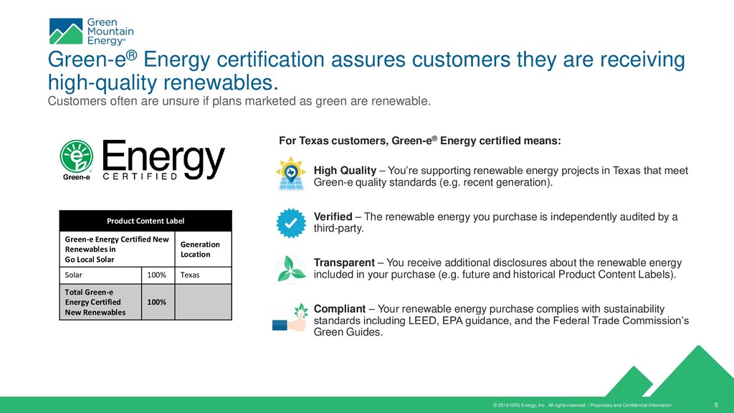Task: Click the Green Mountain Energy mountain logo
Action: click(x=66, y=32)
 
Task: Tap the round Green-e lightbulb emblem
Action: click(x=74, y=156)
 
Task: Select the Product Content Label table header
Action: click(x=146, y=221)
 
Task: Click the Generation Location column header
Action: click(x=200, y=249)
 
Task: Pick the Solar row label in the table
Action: click(x=74, y=275)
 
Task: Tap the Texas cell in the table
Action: click(x=190, y=275)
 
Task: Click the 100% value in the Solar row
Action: click(x=157, y=275)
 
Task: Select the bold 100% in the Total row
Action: click(x=157, y=302)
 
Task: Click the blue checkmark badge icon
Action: click(x=291, y=223)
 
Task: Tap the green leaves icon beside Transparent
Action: click(x=292, y=269)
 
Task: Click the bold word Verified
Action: click(x=333, y=217)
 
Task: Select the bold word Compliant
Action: click(x=340, y=308)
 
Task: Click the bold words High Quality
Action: click(x=345, y=171)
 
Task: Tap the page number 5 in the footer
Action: click(x=718, y=404)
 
